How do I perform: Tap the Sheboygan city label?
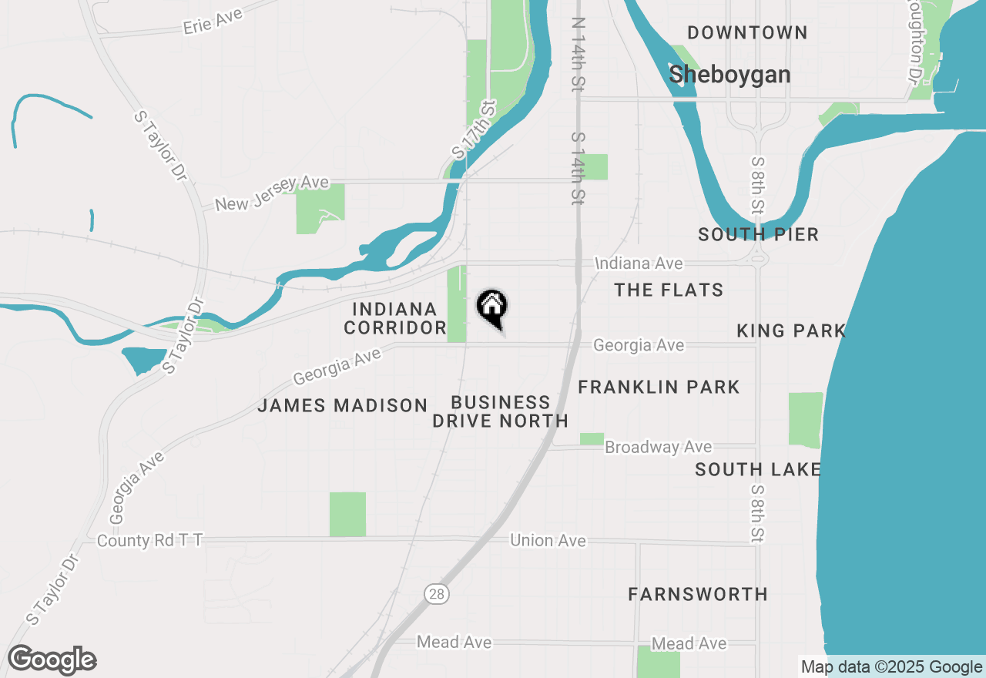729,75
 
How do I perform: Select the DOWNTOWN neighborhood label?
747,32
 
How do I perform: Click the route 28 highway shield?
436,594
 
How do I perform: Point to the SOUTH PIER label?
758,235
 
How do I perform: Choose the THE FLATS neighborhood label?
669,290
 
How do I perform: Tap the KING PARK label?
790,331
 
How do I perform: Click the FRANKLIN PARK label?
659,387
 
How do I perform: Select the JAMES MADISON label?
342,405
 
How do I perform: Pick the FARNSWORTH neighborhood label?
697,594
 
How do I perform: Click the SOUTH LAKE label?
757,469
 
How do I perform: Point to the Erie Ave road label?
213,21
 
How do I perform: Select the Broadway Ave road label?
658,448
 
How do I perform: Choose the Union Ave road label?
548,541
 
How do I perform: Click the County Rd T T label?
149,541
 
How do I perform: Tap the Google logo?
52,660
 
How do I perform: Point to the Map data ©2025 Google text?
891,667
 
